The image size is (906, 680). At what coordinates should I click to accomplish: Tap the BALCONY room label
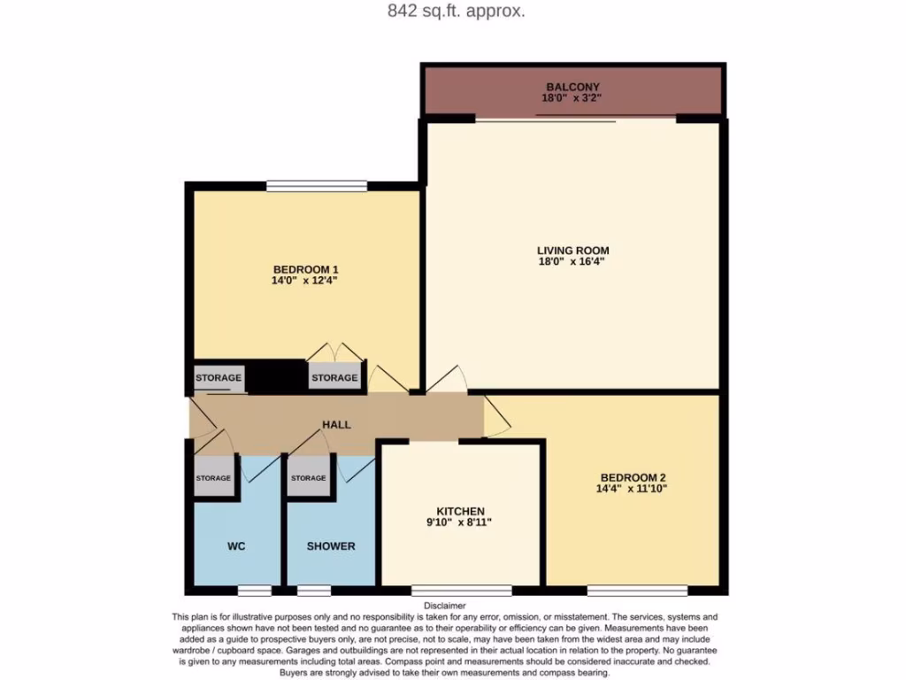point(573,87)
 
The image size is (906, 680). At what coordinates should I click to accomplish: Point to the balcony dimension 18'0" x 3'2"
point(573,99)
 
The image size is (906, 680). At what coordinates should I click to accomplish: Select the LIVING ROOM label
point(572,251)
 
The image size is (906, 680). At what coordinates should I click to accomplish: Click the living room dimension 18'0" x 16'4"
point(572,262)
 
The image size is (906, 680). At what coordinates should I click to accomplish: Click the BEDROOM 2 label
point(633,476)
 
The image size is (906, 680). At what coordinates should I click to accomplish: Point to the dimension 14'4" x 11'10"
point(633,489)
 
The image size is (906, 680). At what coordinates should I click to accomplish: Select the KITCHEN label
point(460,511)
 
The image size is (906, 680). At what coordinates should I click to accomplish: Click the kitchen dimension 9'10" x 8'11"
point(460,522)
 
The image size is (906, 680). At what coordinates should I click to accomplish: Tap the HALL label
point(336,425)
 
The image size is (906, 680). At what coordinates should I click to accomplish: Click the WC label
point(236,546)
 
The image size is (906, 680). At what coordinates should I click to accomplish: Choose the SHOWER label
point(331,546)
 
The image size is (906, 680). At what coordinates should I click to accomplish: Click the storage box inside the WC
point(213,478)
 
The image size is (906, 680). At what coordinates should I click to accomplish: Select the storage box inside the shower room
point(308,478)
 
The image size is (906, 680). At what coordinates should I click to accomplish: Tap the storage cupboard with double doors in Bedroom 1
point(334,377)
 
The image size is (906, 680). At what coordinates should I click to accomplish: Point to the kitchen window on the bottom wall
point(461,590)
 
